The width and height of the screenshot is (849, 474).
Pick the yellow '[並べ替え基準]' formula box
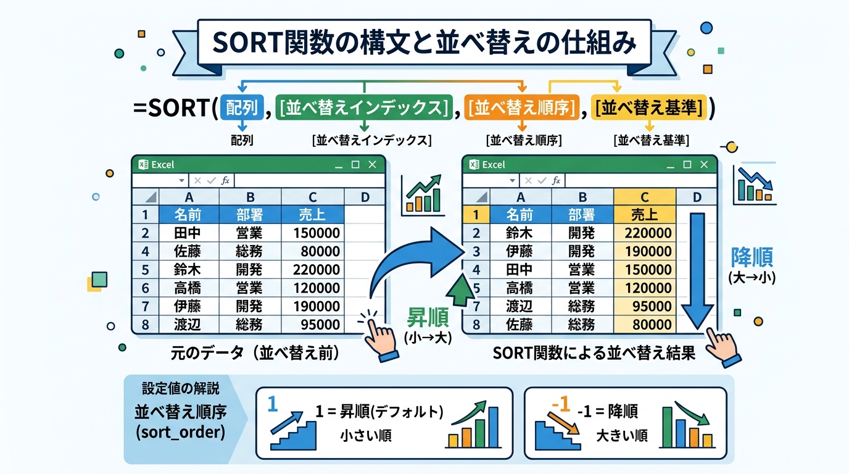point(649,107)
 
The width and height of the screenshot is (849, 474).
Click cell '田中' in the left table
point(188,233)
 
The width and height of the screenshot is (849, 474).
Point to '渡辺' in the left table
point(188,324)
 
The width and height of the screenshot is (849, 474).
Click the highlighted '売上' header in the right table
point(645,215)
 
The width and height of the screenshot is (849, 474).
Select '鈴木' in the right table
point(520,233)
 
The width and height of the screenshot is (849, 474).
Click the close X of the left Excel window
point(371,165)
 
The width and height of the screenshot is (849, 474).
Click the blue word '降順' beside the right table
point(752,257)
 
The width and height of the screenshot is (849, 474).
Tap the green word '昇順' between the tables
point(424,317)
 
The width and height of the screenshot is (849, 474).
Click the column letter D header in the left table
point(364,197)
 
